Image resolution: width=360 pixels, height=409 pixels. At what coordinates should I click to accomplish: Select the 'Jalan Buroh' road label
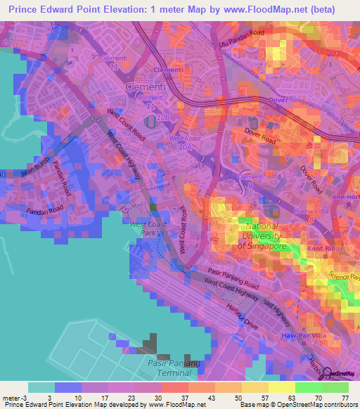(x=33, y=169)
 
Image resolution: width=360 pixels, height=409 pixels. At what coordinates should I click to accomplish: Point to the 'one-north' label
(x=347, y=197)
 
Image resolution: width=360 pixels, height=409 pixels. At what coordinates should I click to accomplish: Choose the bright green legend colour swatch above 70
(x=309, y=387)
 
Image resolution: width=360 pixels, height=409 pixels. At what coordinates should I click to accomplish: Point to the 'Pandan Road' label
(x=46, y=210)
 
